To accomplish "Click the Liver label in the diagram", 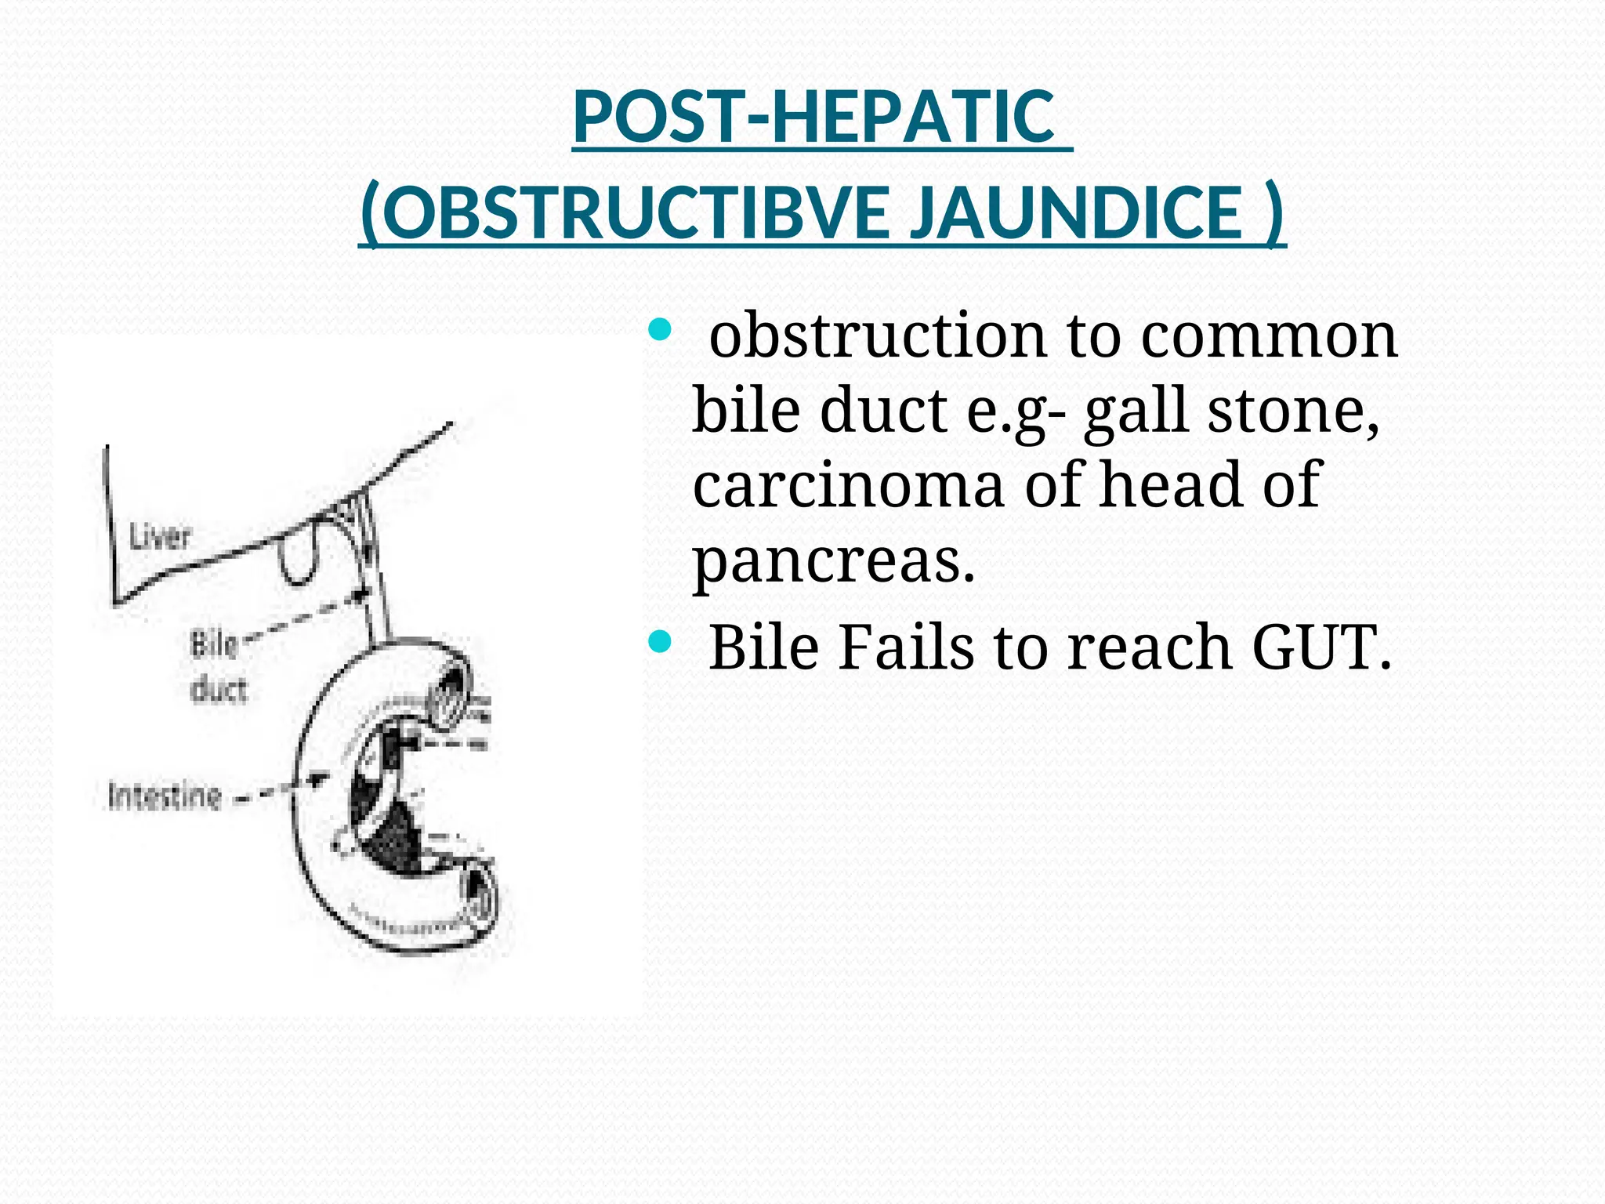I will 160,538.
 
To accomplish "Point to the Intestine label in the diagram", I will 165,796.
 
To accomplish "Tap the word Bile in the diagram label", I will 213,645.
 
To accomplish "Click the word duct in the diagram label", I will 219,690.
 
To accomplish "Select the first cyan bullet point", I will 660,330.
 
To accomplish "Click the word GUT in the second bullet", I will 1319,647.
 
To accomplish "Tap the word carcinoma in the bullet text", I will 848,485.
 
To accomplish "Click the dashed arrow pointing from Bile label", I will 306,616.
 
